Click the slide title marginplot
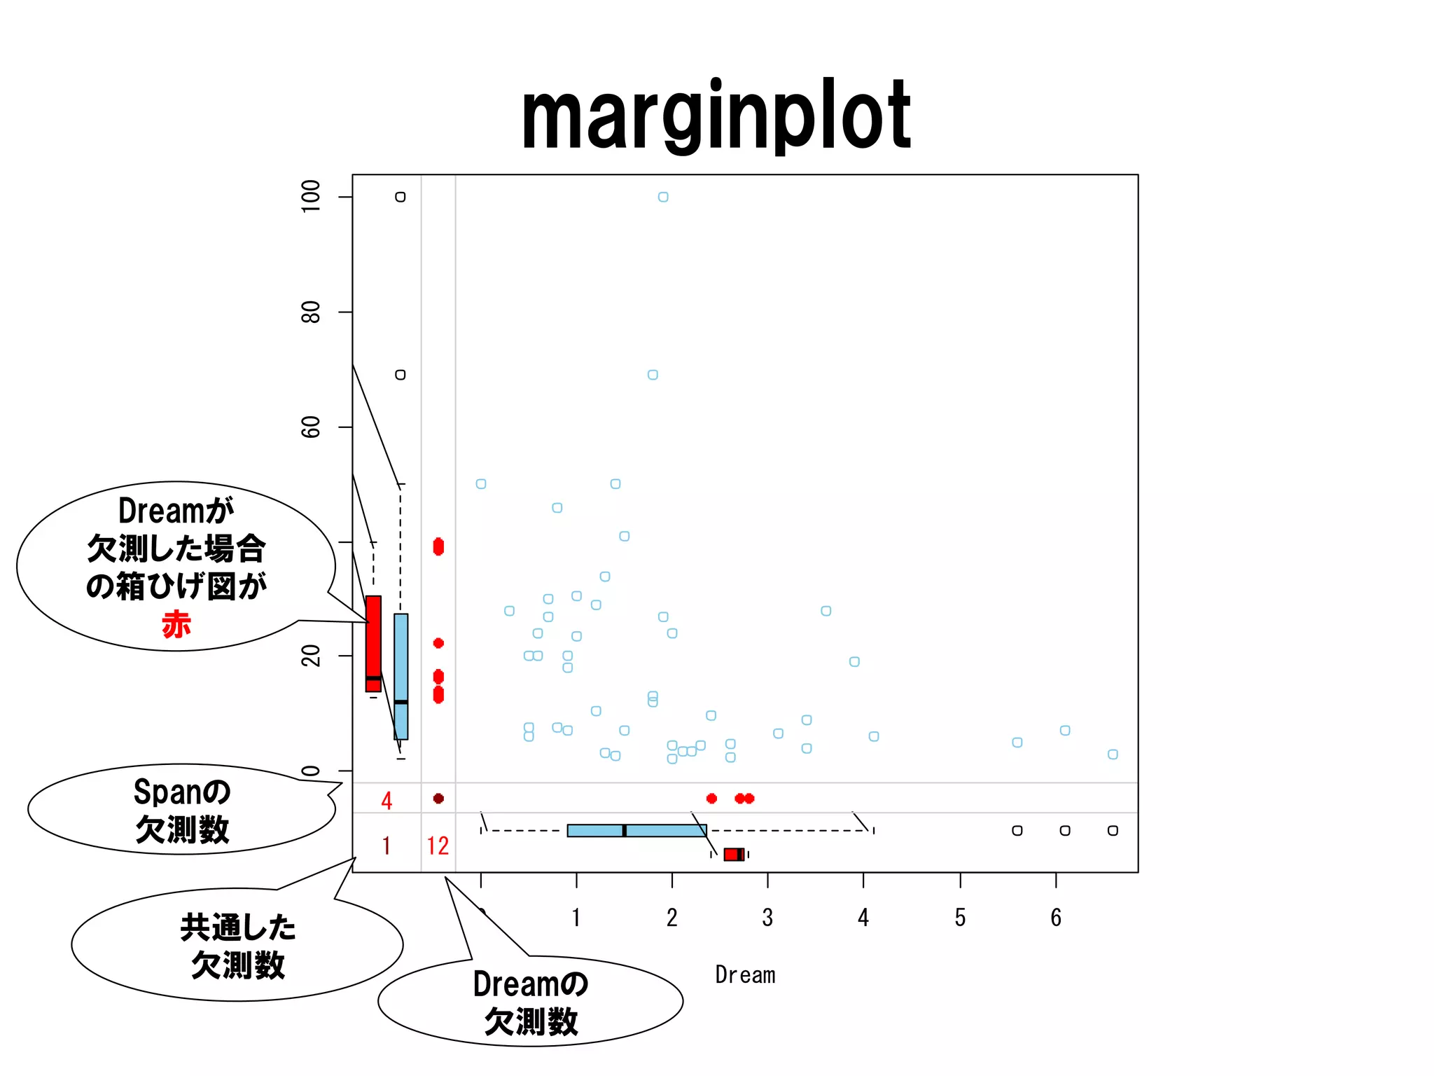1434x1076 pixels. (x=716, y=116)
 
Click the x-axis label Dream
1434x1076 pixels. (x=745, y=974)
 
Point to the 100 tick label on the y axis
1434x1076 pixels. (x=310, y=196)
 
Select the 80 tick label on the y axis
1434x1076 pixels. (x=310, y=312)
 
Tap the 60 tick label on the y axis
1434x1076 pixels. (x=310, y=427)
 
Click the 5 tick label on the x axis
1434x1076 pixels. (x=960, y=918)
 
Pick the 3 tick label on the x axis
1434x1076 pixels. (x=767, y=918)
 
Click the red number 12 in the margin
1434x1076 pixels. (x=438, y=846)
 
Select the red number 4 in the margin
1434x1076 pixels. (x=387, y=801)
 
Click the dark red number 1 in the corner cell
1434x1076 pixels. (x=387, y=846)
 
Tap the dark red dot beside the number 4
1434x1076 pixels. (x=438, y=799)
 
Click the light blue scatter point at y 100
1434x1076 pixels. (x=663, y=197)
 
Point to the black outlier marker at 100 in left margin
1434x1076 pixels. (x=401, y=197)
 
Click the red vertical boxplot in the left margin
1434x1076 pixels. (x=374, y=643)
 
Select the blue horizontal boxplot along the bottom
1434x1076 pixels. (x=636, y=831)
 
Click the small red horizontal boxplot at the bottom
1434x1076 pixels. (x=733, y=854)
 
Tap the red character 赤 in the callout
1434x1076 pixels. (x=176, y=624)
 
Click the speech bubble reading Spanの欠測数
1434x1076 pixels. (x=181, y=810)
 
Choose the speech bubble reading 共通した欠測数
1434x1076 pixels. (x=237, y=946)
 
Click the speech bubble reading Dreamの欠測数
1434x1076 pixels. (x=530, y=1002)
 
